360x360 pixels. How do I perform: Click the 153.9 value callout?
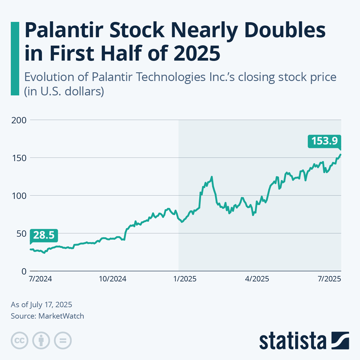[x=324, y=141]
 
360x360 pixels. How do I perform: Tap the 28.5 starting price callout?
[x=44, y=235]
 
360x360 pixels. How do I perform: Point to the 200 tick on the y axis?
[x=19, y=120]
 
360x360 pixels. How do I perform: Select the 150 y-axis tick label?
[x=19, y=158]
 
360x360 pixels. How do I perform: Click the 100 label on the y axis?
[x=19, y=196]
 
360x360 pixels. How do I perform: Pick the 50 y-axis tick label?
[x=21, y=233]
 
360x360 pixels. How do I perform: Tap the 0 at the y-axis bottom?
[x=24, y=271]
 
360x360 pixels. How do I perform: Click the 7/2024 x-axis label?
[x=40, y=279]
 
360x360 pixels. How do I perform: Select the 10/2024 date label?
[x=112, y=279]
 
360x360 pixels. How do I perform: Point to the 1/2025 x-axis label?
[x=185, y=279]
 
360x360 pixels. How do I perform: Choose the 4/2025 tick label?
[x=257, y=279]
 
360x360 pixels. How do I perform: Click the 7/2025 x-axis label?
[x=329, y=279]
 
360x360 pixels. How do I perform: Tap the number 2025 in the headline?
[x=196, y=53]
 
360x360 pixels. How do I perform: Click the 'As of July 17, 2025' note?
[x=41, y=305]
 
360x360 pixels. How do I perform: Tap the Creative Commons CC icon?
[x=19, y=341]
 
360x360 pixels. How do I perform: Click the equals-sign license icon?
[x=63, y=341]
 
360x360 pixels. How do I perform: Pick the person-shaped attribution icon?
[x=41, y=341]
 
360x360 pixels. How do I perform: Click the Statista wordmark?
[x=293, y=341]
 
